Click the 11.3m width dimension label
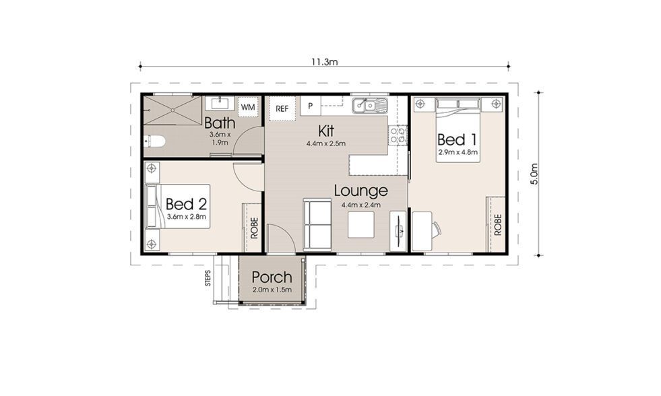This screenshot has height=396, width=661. pyautogui.click(x=323, y=61)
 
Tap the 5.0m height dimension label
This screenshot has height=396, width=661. pyautogui.click(x=534, y=174)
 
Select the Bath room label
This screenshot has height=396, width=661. pyautogui.click(x=220, y=123)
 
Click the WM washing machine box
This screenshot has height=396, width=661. pyautogui.click(x=248, y=107)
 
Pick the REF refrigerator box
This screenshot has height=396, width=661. pyautogui.click(x=282, y=108)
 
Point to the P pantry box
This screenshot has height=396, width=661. pyautogui.click(x=310, y=106)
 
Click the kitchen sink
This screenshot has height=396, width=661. pyautogui.click(x=370, y=105)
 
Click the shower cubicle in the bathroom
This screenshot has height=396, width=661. pyautogui.click(x=172, y=110)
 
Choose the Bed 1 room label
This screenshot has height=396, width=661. pyautogui.click(x=457, y=139)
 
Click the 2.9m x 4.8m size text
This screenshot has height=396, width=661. pyautogui.click(x=458, y=153)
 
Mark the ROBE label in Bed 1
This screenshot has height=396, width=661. pyautogui.click(x=498, y=224)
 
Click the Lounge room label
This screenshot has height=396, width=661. pyautogui.click(x=360, y=191)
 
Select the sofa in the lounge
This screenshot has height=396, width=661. pyautogui.click(x=317, y=224)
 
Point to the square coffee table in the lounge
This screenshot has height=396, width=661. pyautogui.click(x=361, y=224)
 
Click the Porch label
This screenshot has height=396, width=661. pyautogui.click(x=272, y=277)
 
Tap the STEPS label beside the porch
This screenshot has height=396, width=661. pyautogui.click(x=208, y=278)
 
